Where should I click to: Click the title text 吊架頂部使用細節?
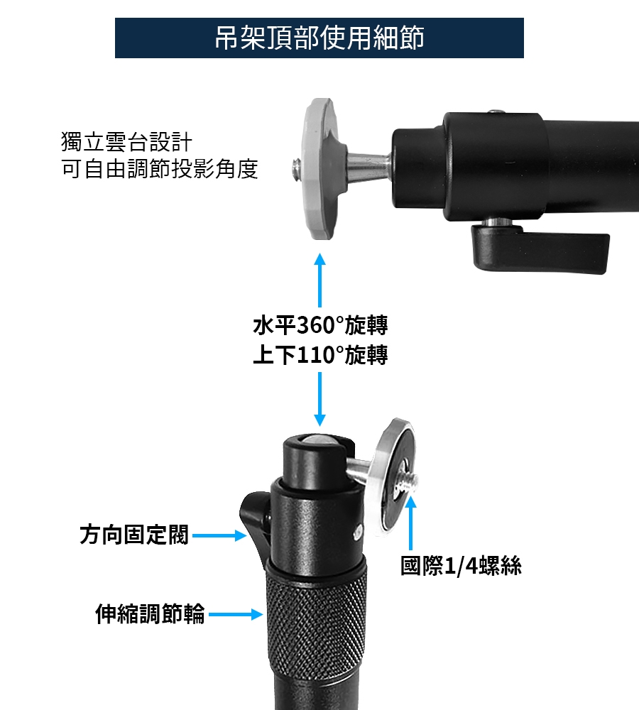(x=319, y=38)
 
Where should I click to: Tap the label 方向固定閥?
(x=134, y=535)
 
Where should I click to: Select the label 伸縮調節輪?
(x=150, y=614)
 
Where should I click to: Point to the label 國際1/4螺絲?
(x=461, y=566)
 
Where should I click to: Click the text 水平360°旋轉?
(x=320, y=325)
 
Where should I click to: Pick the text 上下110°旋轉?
(x=320, y=354)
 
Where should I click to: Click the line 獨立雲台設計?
(x=127, y=142)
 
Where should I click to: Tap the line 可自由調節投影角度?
(x=160, y=169)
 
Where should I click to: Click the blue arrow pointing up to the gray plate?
(x=319, y=280)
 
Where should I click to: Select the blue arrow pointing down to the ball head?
(x=319, y=399)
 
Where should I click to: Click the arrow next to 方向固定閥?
(x=219, y=535)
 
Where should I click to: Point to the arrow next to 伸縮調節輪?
(x=236, y=614)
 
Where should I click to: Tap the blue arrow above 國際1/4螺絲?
(x=411, y=523)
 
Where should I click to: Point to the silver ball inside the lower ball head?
(x=317, y=439)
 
